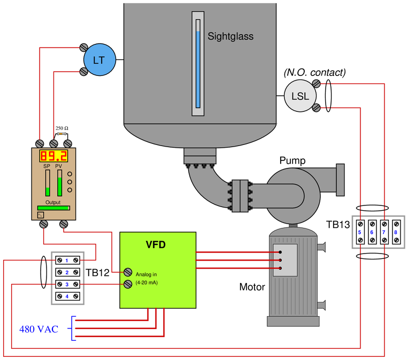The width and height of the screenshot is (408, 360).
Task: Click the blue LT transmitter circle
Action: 99,60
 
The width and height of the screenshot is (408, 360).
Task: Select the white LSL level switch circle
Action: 299,96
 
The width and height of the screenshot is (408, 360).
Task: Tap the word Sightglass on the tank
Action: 230,37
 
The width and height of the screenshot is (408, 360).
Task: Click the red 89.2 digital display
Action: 54,156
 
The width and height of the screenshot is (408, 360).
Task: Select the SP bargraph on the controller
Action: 47,183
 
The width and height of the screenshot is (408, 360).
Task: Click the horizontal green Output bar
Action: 53,208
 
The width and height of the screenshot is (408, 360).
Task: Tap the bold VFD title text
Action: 156,245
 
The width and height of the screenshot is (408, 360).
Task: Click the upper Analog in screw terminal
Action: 128,271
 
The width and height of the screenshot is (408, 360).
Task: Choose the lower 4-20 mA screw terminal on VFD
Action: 128,284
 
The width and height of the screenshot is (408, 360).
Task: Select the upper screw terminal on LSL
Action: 317,83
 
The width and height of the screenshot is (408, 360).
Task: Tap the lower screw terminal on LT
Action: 84,72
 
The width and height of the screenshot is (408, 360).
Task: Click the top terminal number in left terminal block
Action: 67,261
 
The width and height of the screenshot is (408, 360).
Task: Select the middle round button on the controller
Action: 70,182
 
